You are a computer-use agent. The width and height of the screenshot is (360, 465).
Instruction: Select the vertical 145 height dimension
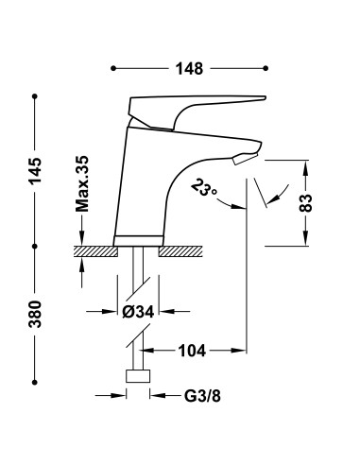point(35,172)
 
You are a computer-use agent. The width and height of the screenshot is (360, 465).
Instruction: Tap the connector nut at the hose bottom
point(139,376)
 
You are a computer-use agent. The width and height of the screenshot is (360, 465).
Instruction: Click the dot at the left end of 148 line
point(113,68)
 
